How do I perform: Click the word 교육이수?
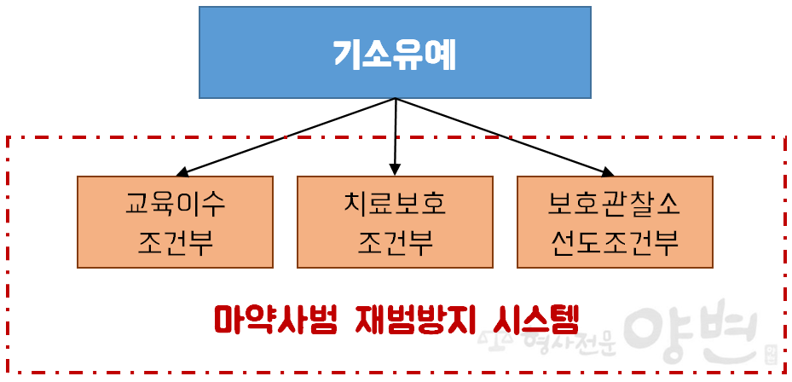tap(176, 205)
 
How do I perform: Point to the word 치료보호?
tap(395, 205)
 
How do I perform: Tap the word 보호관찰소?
tap(614, 205)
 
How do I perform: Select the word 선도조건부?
tap(614, 243)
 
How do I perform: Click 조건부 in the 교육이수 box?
tap(176, 243)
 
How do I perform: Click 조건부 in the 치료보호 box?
tap(395, 243)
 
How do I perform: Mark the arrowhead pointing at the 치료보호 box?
tap(394, 170)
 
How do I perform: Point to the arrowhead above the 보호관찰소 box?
tap(607, 172)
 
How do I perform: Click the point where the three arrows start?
tap(396, 99)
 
